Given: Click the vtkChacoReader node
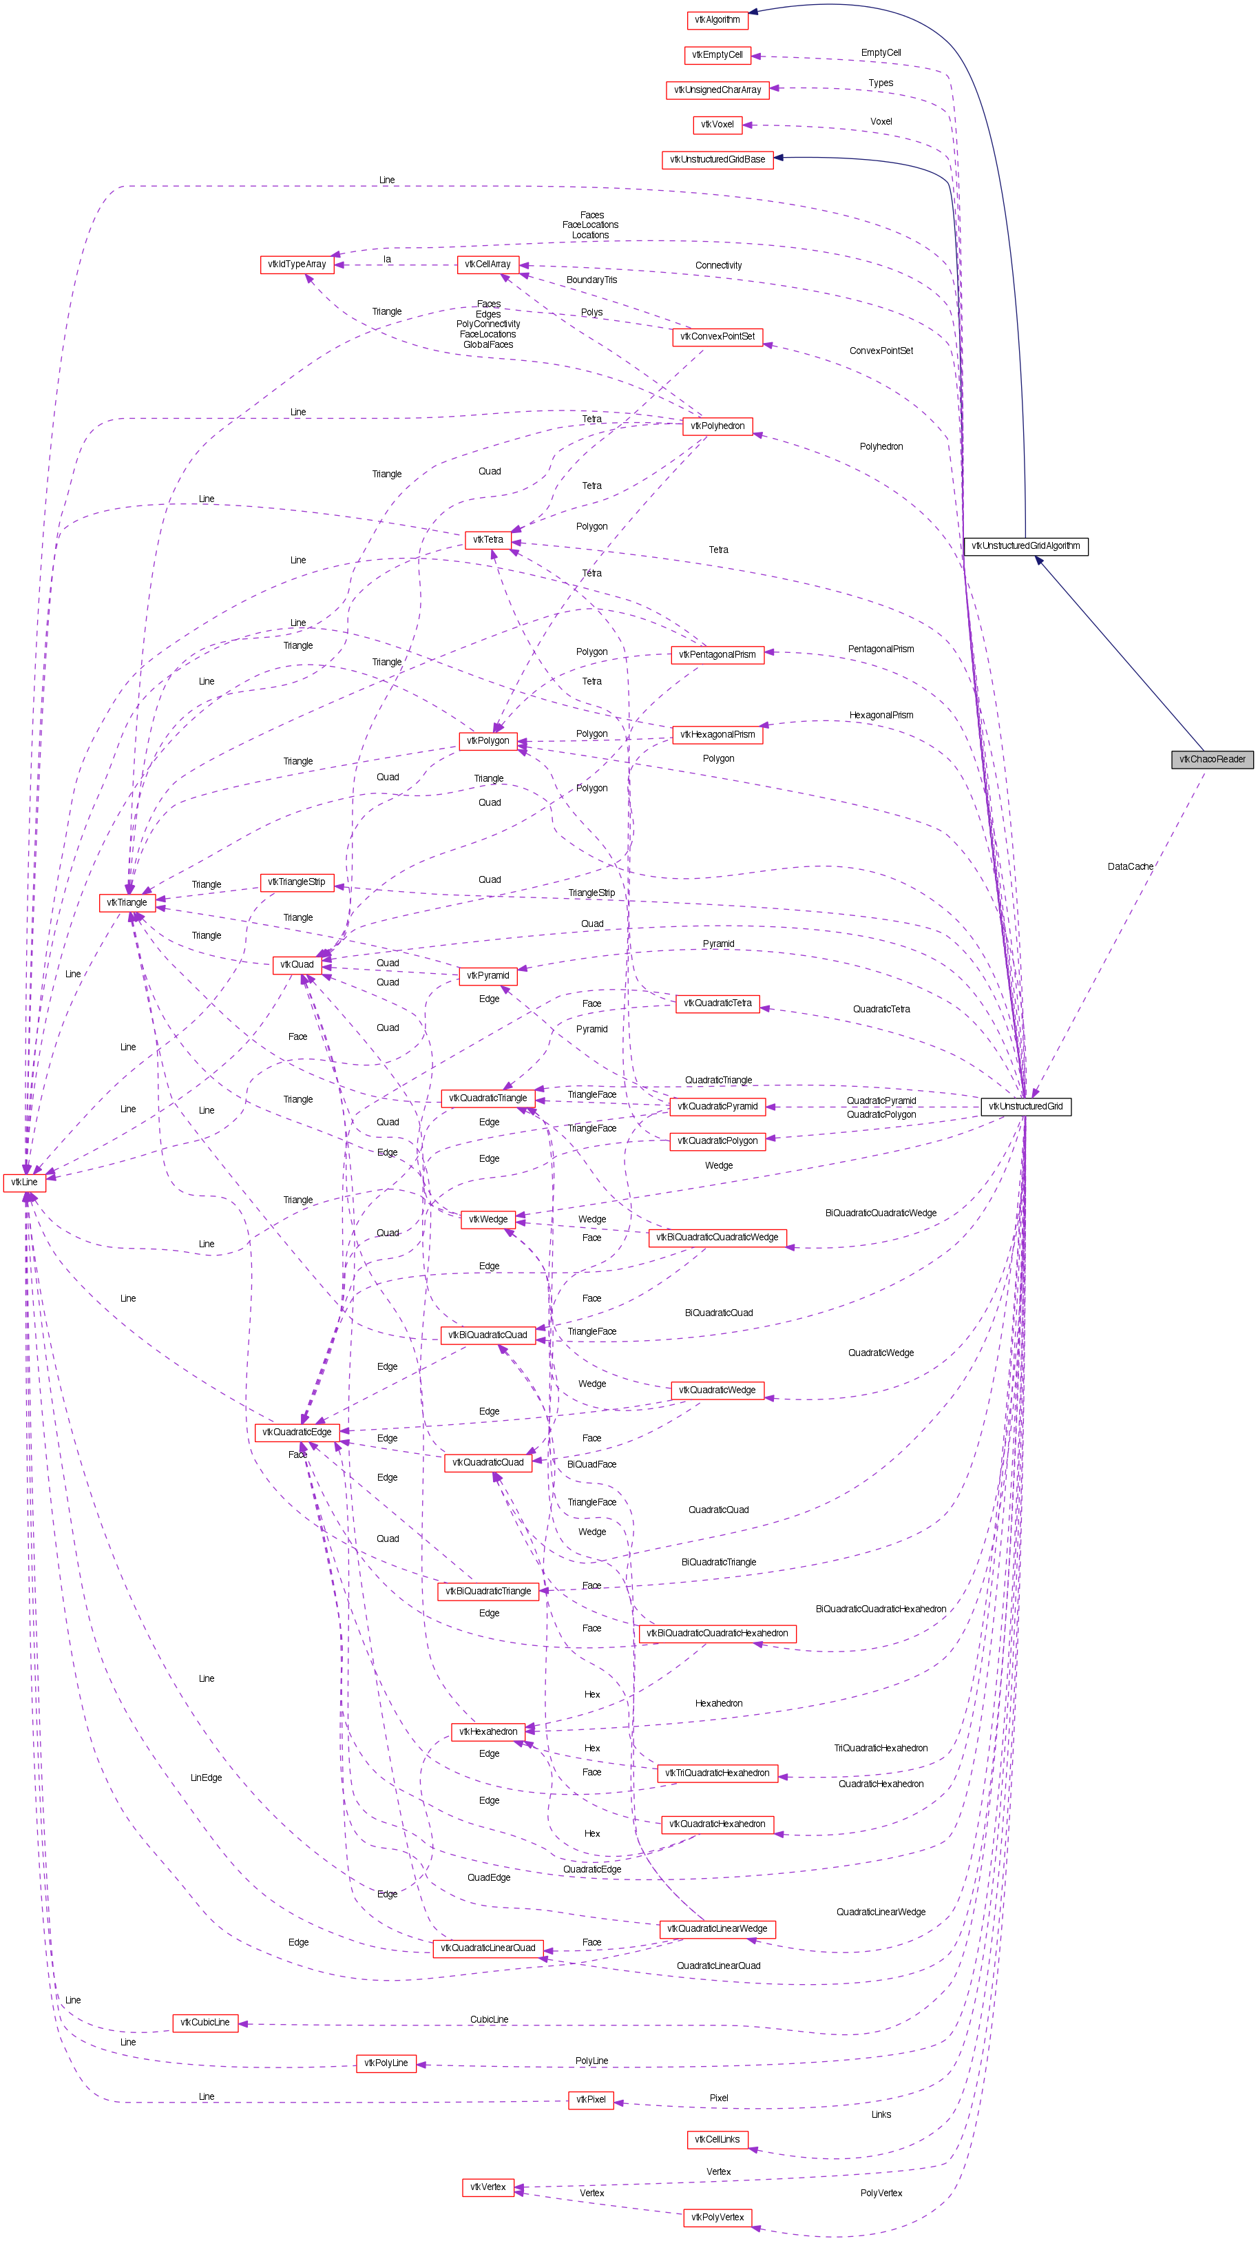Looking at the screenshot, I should pyautogui.click(x=1212, y=760).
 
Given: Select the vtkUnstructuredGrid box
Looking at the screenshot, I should pyautogui.click(x=1026, y=1107).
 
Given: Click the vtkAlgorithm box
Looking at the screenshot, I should pyautogui.click(x=717, y=20).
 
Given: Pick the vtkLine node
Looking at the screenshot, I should pyautogui.click(x=24, y=1182).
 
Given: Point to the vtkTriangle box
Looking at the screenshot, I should pyautogui.click(x=127, y=903).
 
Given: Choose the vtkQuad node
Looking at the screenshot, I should pyautogui.click(x=297, y=965).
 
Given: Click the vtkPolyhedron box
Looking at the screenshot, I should pyautogui.click(x=717, y=426).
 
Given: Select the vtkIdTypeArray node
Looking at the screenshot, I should pyautogui.click(x=297, y=264).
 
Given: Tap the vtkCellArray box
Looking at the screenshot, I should pyautogui.click(x=488, y=264).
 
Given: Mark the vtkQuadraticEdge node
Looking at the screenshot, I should pyautogui.click(x=297, y=1432).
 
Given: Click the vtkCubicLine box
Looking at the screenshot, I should pyautogui.click(x=205, y=2023).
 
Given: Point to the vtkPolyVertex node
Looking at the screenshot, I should pyautogui.click(x=717, y=2218).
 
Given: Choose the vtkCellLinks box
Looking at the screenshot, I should pyautogui.click(x=717, y=2139).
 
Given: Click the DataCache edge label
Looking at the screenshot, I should pyautogui.click(x=1130, y=866).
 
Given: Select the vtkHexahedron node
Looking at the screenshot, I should pyautogui.click(x=488, y=1731).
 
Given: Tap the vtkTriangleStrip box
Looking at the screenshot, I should pyautogui.click(x=297, y=882).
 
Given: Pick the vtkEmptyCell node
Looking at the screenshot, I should pyautogui.click(x=717, y=56).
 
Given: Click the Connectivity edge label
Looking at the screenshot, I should pyautogui.click(x=717, y=265).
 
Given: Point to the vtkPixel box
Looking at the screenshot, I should pyautogui.click(x=591, y=2099).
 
